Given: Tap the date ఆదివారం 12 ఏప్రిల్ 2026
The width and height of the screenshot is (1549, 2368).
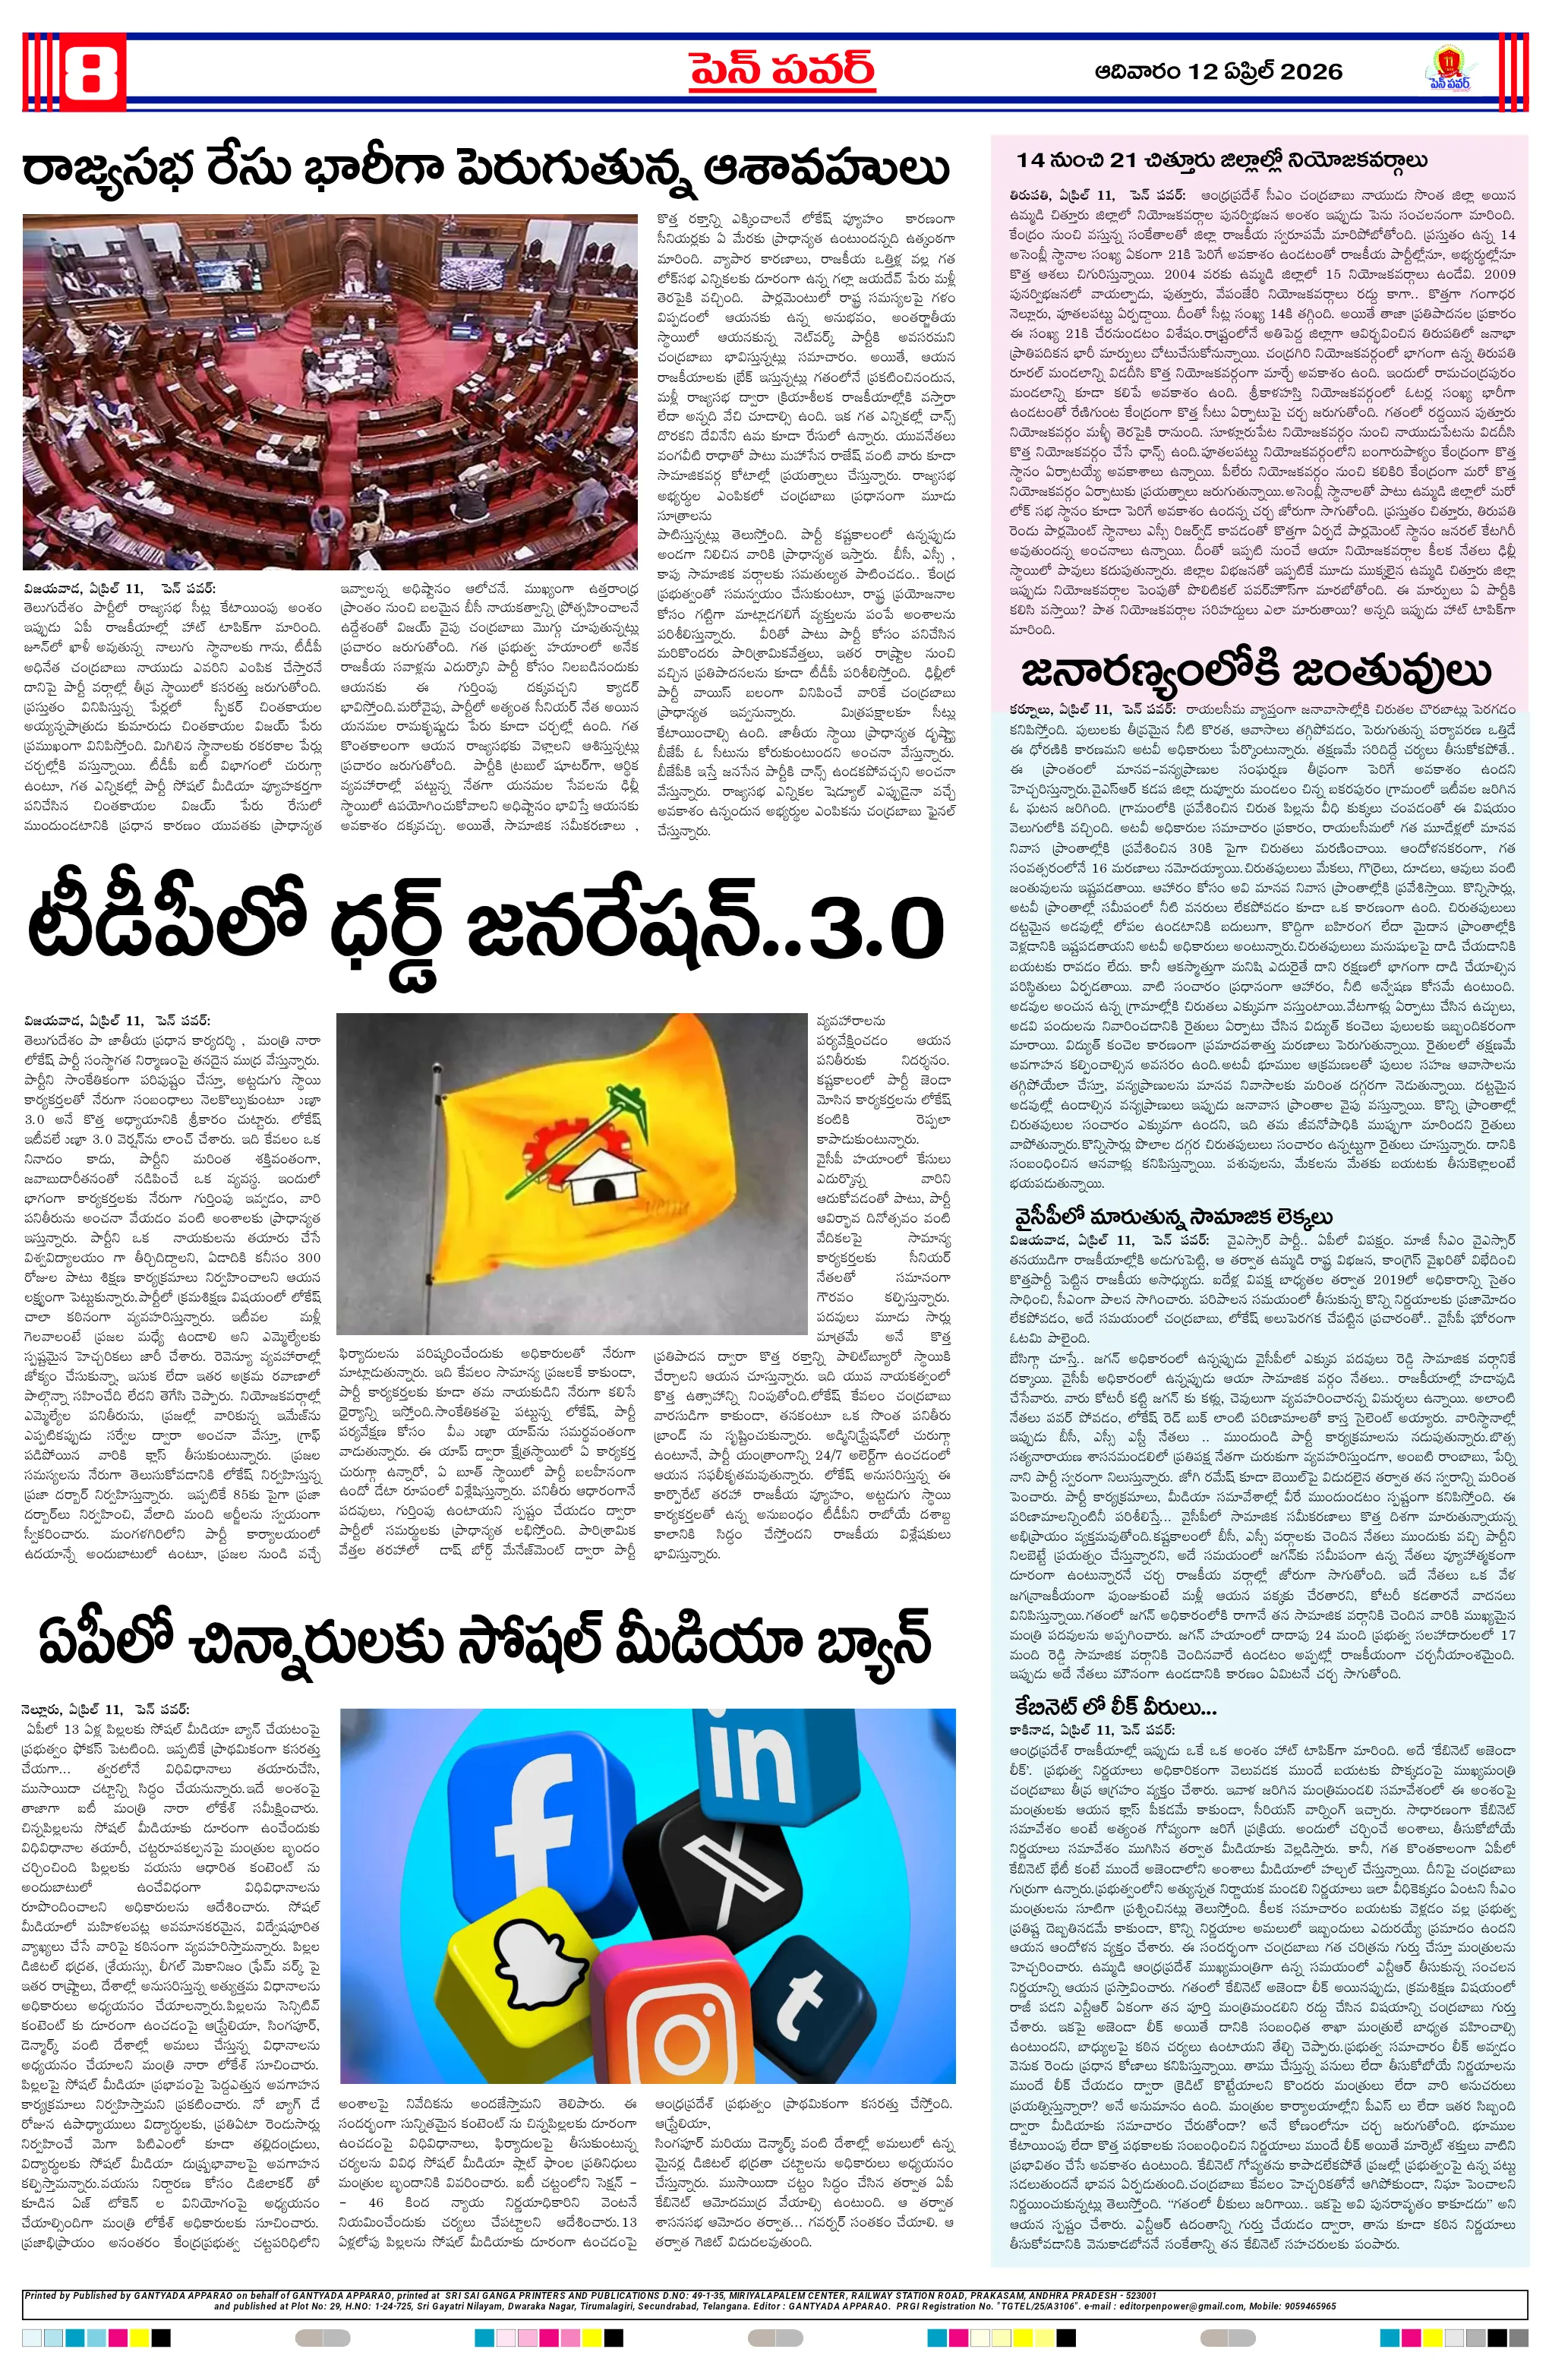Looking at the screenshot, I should (x=1218, y=71).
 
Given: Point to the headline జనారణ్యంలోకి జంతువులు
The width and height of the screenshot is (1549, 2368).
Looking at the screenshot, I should (x=1255, y=673).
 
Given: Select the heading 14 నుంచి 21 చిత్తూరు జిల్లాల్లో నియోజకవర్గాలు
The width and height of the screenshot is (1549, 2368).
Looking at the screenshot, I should (x=1222, y=160).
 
